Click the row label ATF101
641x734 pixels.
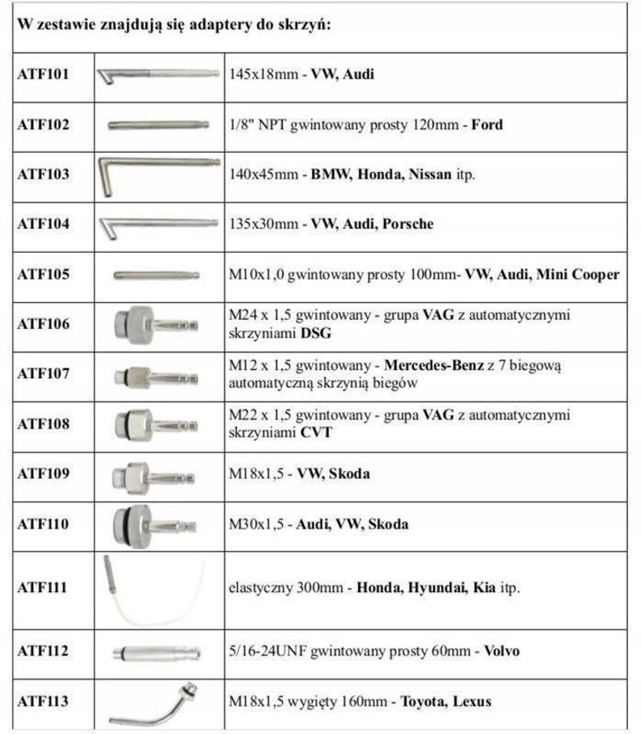(x=43, y=74)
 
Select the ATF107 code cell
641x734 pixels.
(x=43, y=374)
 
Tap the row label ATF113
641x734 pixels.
(x=43, y=701)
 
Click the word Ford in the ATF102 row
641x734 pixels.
(x=487, y=125)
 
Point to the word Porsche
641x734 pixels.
(x=407, y=224)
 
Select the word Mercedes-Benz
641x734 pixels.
(x=434, y=366)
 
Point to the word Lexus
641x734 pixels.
(x=472, y=701)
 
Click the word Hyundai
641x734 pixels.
(x=438, y=588)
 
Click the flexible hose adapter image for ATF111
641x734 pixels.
(x=154, y=590)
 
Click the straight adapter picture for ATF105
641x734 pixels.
(x=157, y=274)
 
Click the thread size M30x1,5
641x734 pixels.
(x=257, y=524)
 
